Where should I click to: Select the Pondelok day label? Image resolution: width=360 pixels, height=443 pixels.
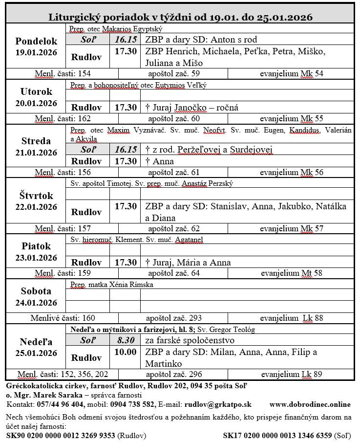pyautogui.click(x=36, y=42)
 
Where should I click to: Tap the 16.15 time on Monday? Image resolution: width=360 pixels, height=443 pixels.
pyautogui.click(x=126, y=39)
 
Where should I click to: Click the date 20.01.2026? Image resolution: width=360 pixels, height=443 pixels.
pyautogui.click(x=36, y=103)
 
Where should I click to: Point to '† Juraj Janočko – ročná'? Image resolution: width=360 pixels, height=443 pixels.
pyautogui.click(x=191, y=108)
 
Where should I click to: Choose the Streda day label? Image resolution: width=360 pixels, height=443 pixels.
pyautogui.click(x=36, y=141)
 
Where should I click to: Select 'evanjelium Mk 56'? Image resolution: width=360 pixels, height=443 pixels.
pyautogui.click(x=291, y=172)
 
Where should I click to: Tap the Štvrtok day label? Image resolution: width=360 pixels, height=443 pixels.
pyautogui.click(x=36, y=196)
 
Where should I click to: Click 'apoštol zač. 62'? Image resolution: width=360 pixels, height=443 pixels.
pyautogui.click(x=174, y=228)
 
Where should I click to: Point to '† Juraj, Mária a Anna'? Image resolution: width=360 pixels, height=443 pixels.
pyautogui.click(x=188, y=263)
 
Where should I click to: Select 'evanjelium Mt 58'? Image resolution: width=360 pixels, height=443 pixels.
pyautogui.click(x=291, y=273)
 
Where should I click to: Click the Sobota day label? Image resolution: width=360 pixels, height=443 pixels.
pyautogui.click(x=36, y=291)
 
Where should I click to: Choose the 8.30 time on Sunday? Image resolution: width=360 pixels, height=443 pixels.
pyautogui.click(x=126, y=340)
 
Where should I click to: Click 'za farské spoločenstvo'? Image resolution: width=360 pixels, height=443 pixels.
pyautogui.click(x=190, y=340)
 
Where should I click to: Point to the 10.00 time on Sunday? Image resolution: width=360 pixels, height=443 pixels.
pyautogui.click(x=126, y=352)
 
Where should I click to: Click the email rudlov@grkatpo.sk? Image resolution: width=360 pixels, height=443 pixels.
pyautogui.click(x=217, y=404)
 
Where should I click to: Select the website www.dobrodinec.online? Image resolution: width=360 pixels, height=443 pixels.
pyautogui.click(x=310, y=404)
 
